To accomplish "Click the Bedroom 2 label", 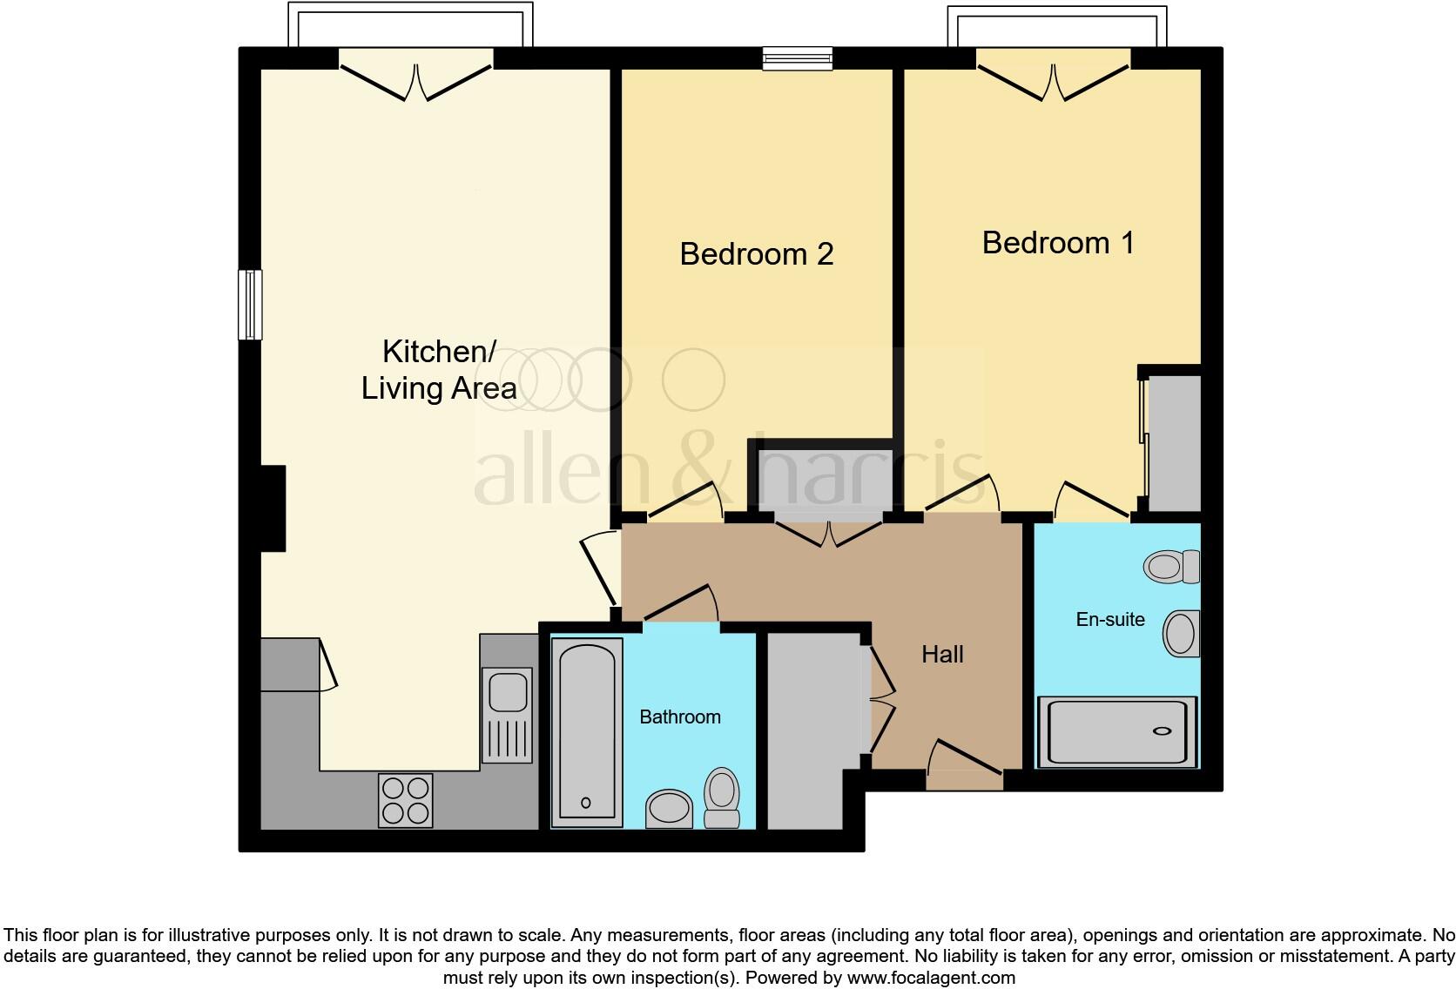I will (x=756, y=254).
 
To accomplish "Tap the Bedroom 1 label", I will (x=1058, y=243).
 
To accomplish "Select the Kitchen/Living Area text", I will (x=439, y=370).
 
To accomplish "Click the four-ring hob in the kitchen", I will (x=406, y=800).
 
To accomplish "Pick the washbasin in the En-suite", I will (x=1181, y=633).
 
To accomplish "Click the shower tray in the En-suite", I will (x=1116, y=731).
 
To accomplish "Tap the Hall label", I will (x=942, y=655).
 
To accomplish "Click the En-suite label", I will (x=1110, y=620).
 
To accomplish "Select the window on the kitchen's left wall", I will (x=250, y=305).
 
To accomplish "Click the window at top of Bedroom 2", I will (x=797, y=58).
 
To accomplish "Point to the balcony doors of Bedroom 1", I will (x=1054, y=78).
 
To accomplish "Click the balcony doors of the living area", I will (x=416, y=78).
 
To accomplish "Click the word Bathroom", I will (x=680, y=717).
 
